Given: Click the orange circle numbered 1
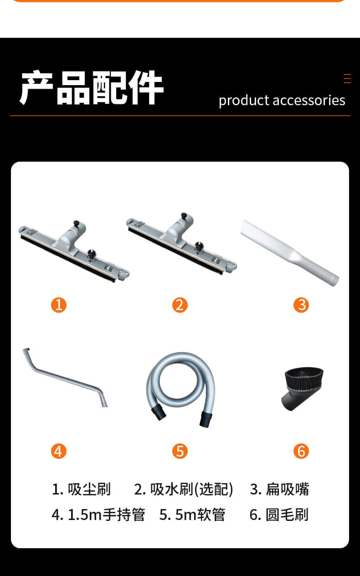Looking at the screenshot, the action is tap(59, 305).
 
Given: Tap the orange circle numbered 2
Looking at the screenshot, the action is tap(180, 305).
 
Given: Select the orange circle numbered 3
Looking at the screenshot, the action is tap(301, 305).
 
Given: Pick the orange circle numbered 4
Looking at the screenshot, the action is tap(59, 451).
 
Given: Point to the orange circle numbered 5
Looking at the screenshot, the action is tap(180, 451).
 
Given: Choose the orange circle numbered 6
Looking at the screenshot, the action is tap(301, 451).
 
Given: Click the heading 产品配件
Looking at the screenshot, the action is tap(92, 87).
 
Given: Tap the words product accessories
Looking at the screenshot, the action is tap(282, 101).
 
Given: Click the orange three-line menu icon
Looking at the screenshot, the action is tap(347, 78).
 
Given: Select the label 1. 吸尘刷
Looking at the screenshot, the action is tap(81, 489).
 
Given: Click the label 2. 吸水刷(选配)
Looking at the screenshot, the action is tap(184, 489).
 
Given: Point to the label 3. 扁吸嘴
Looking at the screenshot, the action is tap(279, 489).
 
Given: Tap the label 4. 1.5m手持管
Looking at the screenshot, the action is tap(98, 515).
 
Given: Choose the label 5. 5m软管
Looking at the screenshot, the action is tap(192, 515).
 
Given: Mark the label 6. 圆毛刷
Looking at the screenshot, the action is tap(279, 515).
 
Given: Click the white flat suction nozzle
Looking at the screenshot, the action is tap(289, 253).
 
